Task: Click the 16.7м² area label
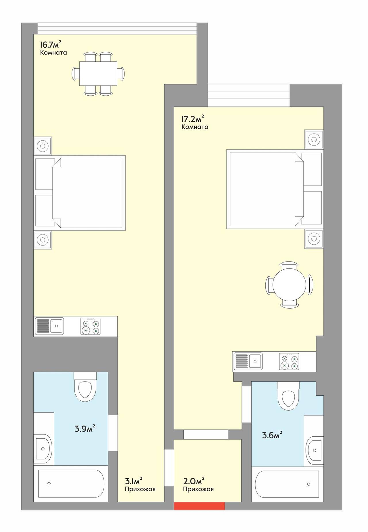[x=51, y=45]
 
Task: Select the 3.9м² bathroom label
[x=85, y=429]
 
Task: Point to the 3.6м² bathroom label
[x=272, y=435]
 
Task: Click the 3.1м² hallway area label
[x=134, y=480]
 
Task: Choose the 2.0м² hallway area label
[x=194, y=480]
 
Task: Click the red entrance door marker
[x=199, y=506]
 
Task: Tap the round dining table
[x=289, y=285]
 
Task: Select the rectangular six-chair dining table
[x=98, y=73]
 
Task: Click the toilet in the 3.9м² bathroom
[x=85, y=386]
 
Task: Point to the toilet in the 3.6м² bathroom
[x=288, y=396]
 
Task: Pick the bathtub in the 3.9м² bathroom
[x=71, y=484]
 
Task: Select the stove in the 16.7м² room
[x=91, y=327]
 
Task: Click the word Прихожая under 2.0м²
[x=198, y=489]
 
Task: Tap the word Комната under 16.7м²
[x=53, y=53]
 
